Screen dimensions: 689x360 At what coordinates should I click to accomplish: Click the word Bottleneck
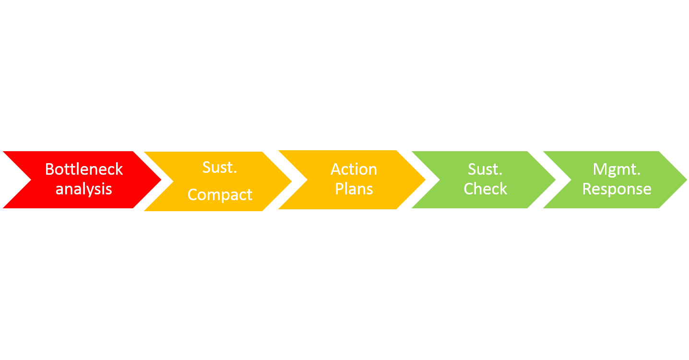(84, 169)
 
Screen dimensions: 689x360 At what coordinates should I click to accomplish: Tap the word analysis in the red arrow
(83, 189)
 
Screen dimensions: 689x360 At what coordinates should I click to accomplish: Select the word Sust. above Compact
(220, 168)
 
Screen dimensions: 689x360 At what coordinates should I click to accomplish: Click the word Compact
(220, 195)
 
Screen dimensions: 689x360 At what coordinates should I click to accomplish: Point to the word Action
(354, 169)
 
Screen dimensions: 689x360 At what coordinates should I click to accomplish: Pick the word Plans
(354, 189)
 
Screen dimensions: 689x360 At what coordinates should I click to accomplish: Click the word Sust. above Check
(485, 169)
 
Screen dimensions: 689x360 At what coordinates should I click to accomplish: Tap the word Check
(486, 189)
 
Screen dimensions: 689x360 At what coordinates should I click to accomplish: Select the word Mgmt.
(617, 170)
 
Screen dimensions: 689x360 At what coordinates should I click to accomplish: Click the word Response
(617, 190)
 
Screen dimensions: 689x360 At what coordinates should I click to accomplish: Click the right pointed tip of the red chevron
(161, 180)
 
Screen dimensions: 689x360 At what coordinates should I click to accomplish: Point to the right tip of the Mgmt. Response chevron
(687, 180)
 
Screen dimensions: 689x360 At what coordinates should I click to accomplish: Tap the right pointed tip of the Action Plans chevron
(426, 180)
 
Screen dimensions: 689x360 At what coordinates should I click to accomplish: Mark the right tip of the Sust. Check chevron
(556, 180)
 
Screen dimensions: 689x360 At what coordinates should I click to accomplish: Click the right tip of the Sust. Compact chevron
(292, 181)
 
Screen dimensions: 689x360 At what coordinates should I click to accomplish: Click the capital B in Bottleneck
(49, 169)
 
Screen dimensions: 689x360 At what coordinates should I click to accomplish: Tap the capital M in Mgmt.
(599, 169)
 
